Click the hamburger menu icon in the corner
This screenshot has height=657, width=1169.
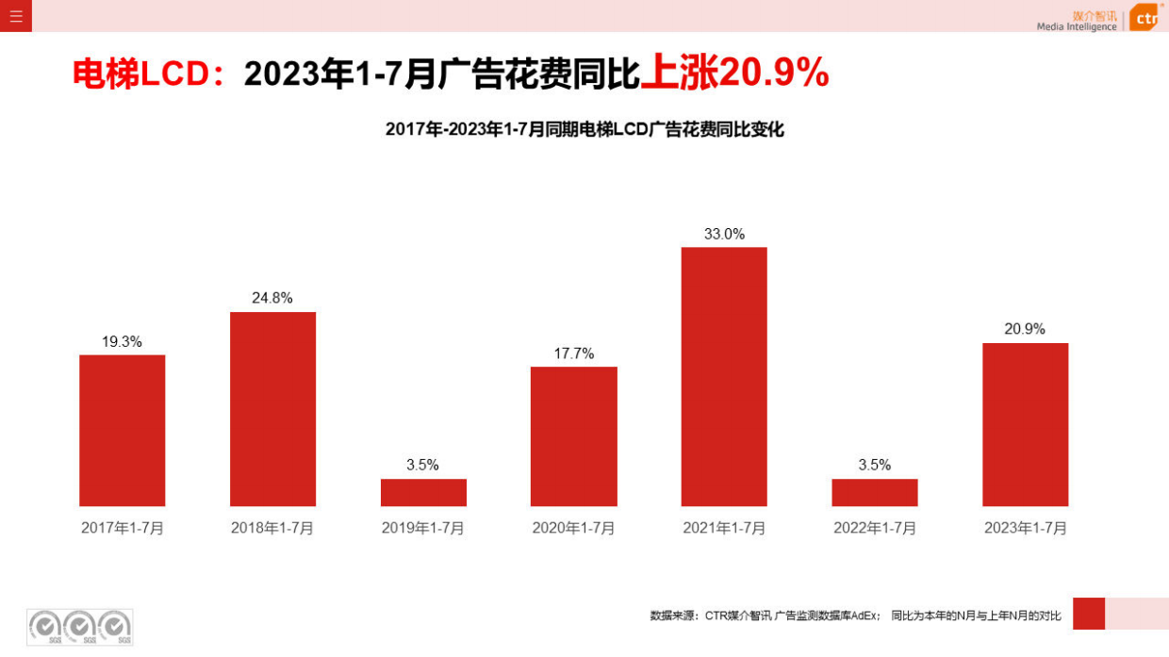[16, 16]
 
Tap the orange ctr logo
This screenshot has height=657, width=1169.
[1144, 17]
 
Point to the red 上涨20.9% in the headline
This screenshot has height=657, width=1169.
[734, 73]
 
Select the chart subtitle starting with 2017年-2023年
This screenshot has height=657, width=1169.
[584, 130]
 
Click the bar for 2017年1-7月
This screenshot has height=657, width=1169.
[122, 431]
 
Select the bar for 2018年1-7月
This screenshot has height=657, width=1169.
[272, 409]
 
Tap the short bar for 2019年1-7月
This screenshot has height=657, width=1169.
[423, 492]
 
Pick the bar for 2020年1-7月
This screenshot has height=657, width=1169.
[573, 436]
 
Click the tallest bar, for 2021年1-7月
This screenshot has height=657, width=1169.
[724, 377]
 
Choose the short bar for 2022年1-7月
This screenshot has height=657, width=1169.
[874, 492]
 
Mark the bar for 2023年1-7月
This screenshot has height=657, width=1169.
[1025, 424]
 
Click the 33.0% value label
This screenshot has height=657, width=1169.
[724, 234]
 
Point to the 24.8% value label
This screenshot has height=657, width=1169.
[272, 298]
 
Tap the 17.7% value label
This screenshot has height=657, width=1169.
[573, 353]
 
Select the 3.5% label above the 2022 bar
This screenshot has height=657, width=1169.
[874, 465]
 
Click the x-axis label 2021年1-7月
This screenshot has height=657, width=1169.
[724, 528]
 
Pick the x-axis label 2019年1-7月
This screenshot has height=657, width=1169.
[423, 528]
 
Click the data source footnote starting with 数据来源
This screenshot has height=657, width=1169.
[855, 616]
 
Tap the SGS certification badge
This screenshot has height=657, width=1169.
[79, 627]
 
